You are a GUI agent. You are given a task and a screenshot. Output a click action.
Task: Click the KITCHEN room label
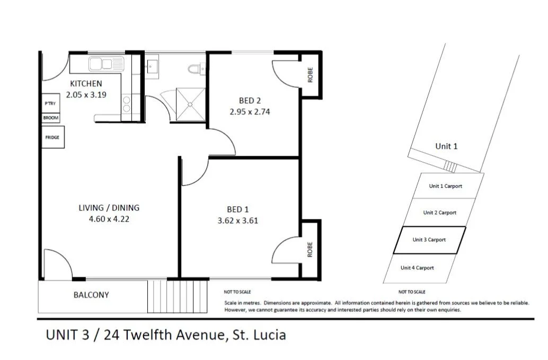point(86,84)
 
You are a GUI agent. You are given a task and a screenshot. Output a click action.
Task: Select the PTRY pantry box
point(50,104)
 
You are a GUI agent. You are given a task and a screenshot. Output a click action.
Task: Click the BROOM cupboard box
point(51,118)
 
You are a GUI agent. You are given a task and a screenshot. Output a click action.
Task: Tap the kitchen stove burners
point(127,103)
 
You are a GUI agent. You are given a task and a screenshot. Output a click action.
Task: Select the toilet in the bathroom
point(195,68)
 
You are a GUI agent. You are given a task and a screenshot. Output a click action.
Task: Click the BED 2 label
point(250,101)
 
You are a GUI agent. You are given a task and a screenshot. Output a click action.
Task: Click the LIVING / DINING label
point(109,208)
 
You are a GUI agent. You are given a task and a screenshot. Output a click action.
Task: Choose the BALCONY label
point(91,295)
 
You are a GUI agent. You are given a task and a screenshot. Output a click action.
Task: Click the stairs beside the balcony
point(177,296)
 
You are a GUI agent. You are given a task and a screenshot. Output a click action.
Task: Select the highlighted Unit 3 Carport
point(429,240)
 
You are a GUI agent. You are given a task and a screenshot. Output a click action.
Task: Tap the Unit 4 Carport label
point(417,268)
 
